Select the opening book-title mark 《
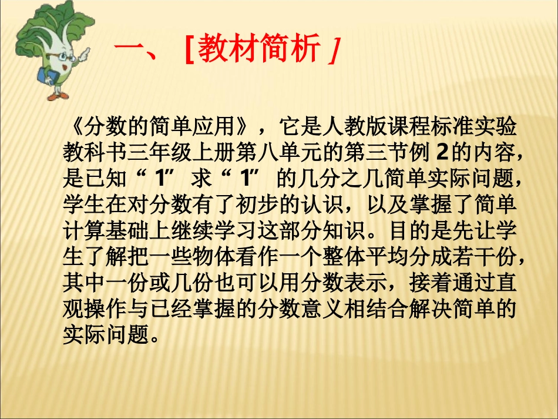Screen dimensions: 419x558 pos(74,125)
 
